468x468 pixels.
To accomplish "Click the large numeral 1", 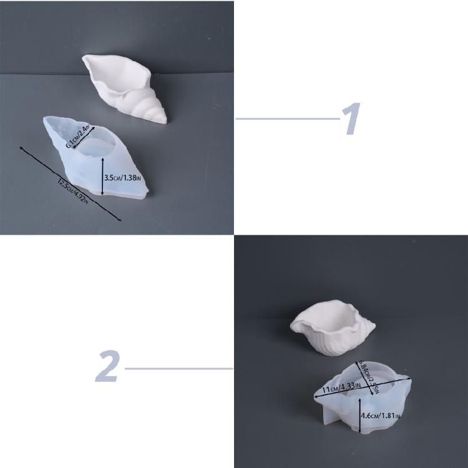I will (352, 119).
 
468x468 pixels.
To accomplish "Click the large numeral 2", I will (107, 368).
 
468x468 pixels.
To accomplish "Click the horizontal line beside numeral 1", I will (288, 119).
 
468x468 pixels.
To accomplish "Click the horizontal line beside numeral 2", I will (178, 368).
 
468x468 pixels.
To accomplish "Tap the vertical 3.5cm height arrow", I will (102, 175).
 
